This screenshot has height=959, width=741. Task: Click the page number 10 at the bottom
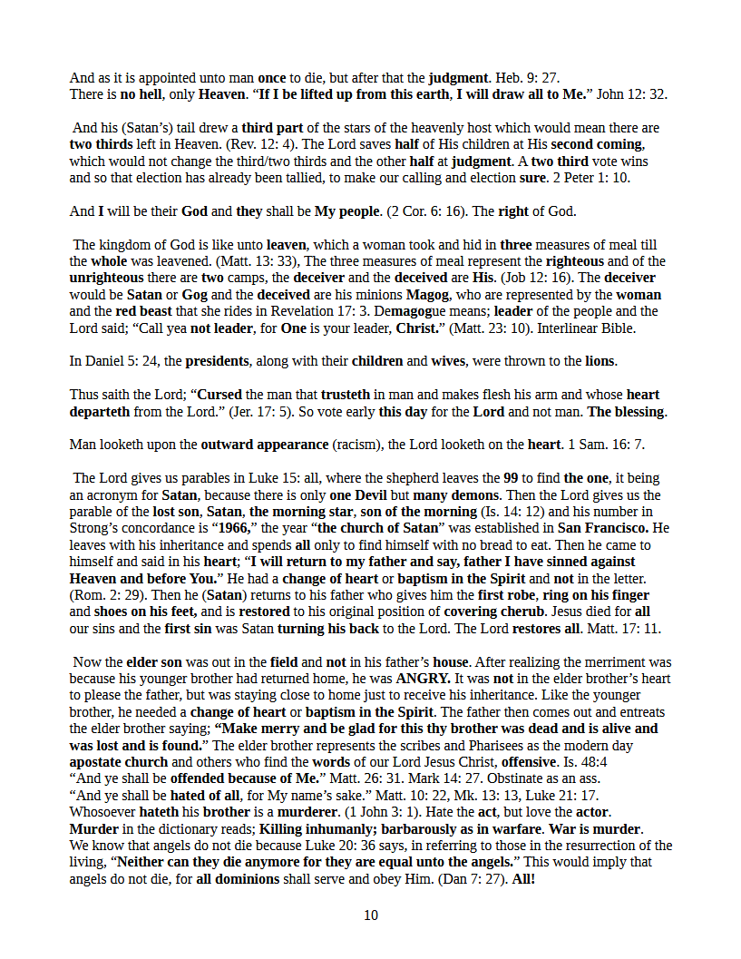(370, 915)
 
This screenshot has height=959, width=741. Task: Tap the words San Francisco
(602, 528)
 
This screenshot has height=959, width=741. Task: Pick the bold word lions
(600, 361)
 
